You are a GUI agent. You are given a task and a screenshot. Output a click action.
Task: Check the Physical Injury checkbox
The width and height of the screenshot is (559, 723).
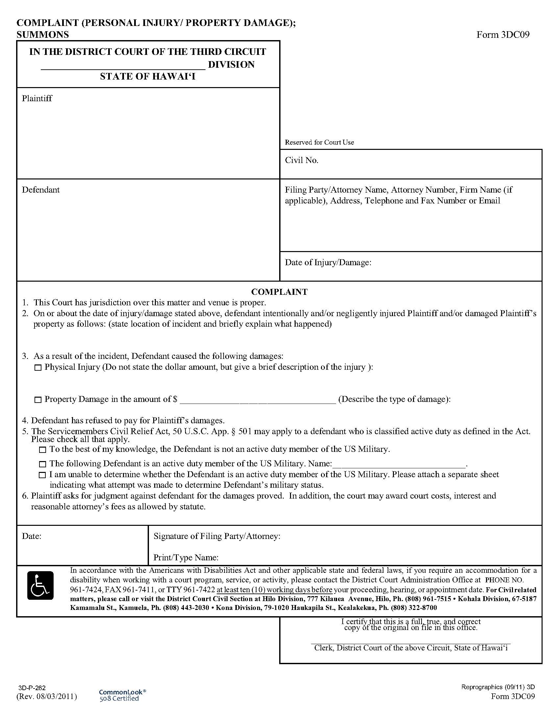click(x=38, y=367)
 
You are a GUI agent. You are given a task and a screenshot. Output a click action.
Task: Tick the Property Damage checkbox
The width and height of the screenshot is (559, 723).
click(x=38, y=400)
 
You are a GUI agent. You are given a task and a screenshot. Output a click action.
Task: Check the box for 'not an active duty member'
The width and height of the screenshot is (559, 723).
click(x=42, y=450)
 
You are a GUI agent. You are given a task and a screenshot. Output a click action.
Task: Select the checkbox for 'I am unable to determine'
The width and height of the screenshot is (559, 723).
click(x=42, y=475)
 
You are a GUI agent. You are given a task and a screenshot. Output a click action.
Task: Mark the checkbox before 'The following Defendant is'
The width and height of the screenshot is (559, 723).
click(x=42, y=464)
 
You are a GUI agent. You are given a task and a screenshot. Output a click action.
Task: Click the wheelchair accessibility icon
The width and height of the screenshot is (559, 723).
click(x=40, y=585)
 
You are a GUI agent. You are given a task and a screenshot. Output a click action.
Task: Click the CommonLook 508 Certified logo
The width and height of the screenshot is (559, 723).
click(x=122, y=695)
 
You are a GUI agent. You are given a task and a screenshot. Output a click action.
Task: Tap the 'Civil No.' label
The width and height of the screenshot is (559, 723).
click(x=301, y=160)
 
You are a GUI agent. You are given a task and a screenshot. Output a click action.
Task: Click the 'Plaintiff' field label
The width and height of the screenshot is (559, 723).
click(x=37, y=98)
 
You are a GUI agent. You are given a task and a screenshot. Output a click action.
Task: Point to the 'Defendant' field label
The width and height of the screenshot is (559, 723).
click(x=41, y=190)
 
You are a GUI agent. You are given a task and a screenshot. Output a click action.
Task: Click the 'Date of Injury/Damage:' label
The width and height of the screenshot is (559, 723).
click(x=328, y=263)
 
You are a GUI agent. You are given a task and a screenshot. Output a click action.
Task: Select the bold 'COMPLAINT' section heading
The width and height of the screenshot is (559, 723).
click(x=279, y=292)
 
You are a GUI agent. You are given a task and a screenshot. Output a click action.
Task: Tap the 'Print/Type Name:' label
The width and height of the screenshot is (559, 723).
click(x=186, y=557)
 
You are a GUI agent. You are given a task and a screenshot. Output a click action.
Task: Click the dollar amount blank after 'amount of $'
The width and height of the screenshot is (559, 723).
click(x=258, y=400)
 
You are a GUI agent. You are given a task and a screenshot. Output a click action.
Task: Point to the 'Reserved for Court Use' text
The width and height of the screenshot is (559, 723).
click(x=319, y=142)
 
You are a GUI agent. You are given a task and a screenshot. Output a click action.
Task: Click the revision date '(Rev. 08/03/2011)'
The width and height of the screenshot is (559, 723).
click(x=47, y=696)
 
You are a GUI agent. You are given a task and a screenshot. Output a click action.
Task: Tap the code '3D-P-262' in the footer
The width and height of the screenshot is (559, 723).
click(x=32, y=688)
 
